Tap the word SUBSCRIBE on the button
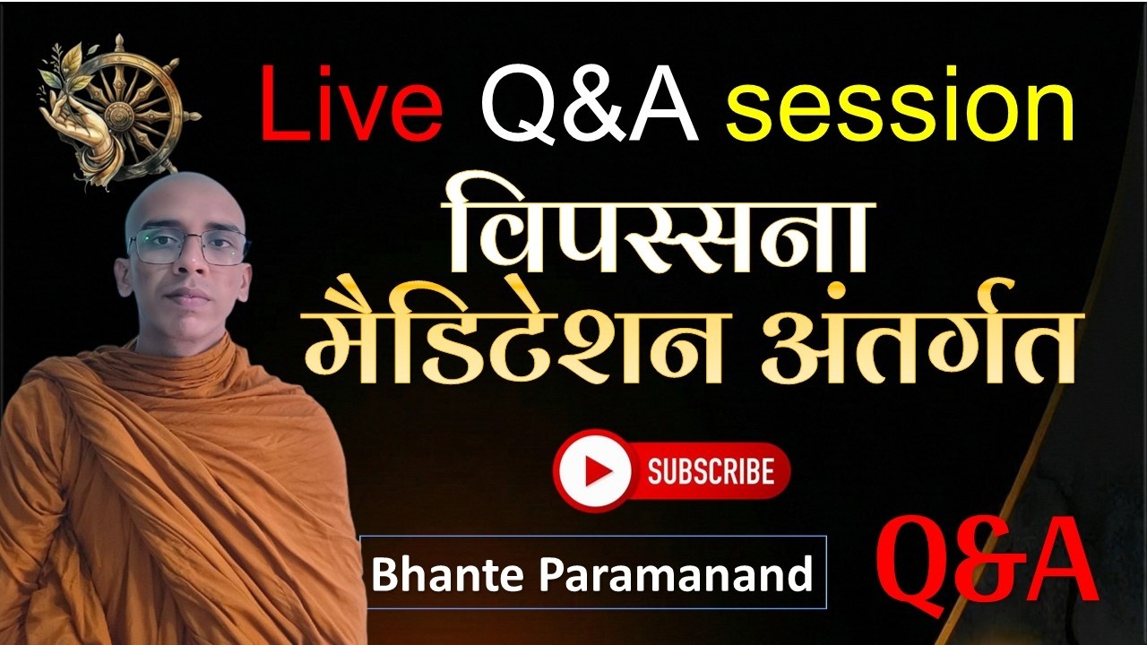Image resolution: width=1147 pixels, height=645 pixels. [711, 471]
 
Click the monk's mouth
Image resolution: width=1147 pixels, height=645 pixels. [187, 295]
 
